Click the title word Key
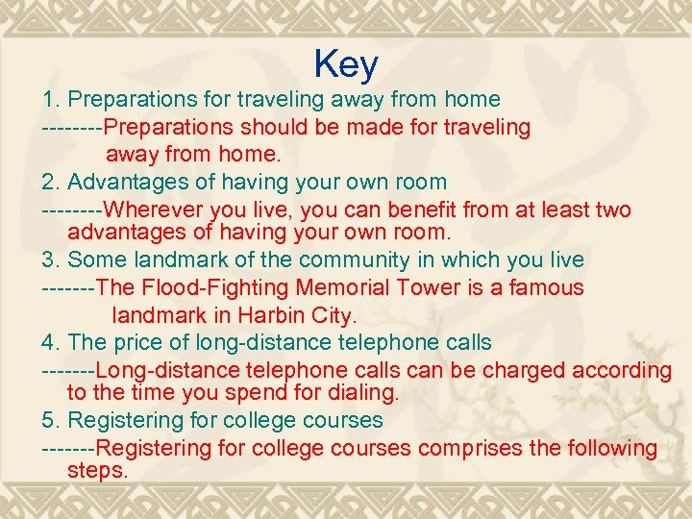346,64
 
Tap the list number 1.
49,99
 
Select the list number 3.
49,259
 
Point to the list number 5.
49,420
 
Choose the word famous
548,287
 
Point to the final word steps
97,471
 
